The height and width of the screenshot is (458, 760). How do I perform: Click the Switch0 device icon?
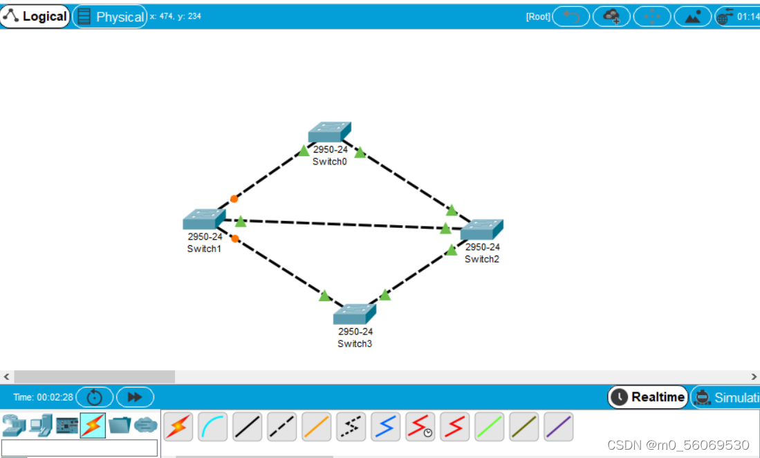tap(330, 132)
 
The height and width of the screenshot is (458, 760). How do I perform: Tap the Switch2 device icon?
tap(482, 230)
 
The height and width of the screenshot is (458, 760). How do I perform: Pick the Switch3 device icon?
tap(355, 314)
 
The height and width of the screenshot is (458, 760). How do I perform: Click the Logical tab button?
tap(35, 17)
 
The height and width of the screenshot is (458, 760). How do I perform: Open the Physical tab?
tap(110, 17)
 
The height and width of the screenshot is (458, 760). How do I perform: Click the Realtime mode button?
tap(649, 397)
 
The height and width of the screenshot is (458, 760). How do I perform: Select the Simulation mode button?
tap(726, 397)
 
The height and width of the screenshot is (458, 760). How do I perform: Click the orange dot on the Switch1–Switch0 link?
tap(234, 199)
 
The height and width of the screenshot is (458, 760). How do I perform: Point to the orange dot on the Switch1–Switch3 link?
tap(235, 238)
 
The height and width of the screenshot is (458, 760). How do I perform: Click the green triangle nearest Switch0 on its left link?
tap(304, 151)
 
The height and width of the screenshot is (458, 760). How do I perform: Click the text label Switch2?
tap(482, 259)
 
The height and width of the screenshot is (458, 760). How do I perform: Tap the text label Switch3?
tap(355, 343)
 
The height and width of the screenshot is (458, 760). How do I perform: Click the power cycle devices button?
tap(95, 397)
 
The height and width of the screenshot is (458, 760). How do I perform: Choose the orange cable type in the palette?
tap(317, 427)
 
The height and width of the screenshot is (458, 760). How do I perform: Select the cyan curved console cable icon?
tap(213, 427)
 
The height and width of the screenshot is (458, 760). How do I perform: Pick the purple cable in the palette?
tap(559, 427)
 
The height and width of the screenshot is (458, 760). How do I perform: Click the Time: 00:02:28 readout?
tap(43, 397)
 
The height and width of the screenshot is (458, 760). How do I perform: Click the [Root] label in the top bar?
tap(538, 17)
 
